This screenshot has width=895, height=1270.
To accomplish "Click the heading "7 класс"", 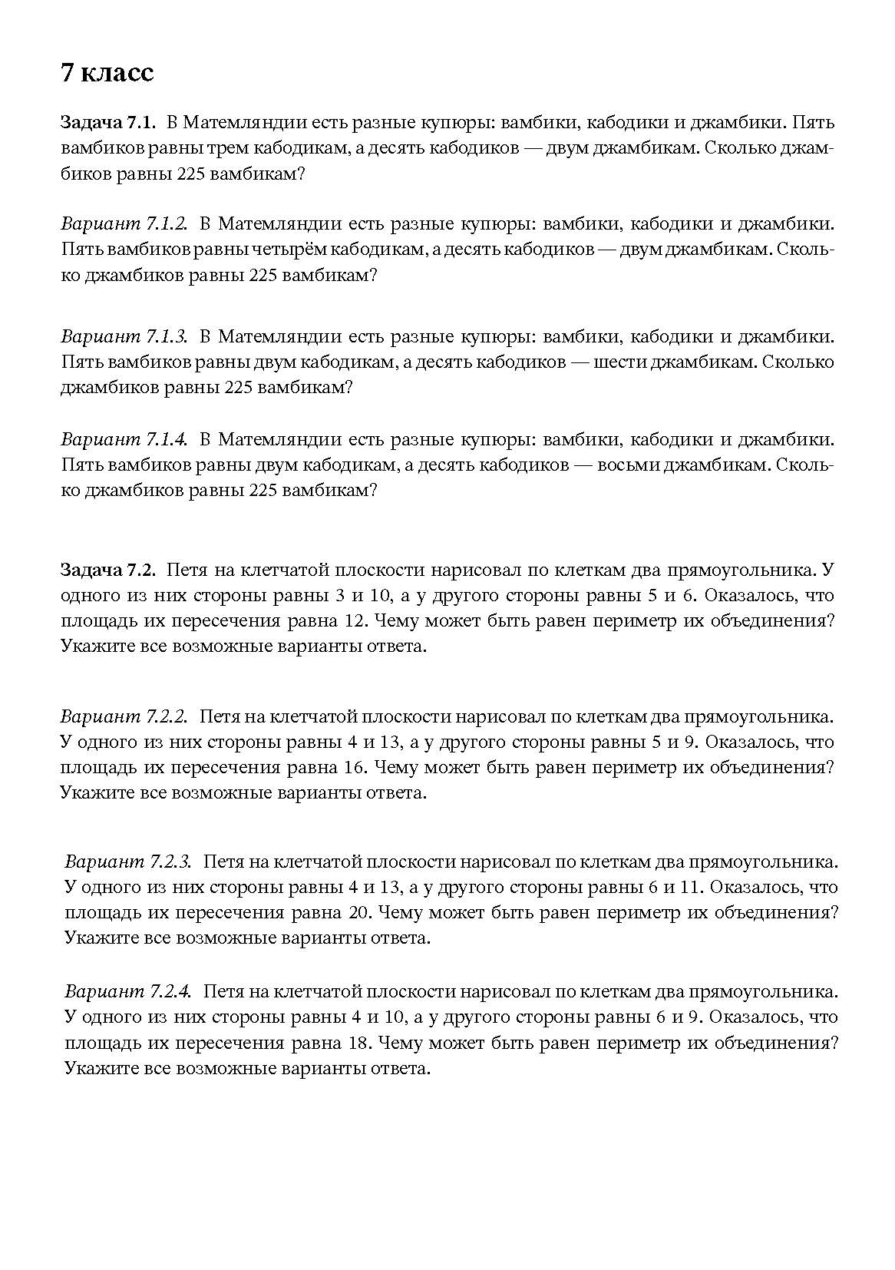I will click(107, 72).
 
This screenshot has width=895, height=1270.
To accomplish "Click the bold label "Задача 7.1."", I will click(108, 123).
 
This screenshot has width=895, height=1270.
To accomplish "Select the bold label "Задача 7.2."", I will click(108, 570).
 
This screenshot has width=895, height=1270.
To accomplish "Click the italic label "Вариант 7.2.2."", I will click(124, 716).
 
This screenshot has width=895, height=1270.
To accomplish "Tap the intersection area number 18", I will click(359, 1043).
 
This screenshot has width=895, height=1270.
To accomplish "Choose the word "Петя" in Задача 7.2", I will click(187, 570).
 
